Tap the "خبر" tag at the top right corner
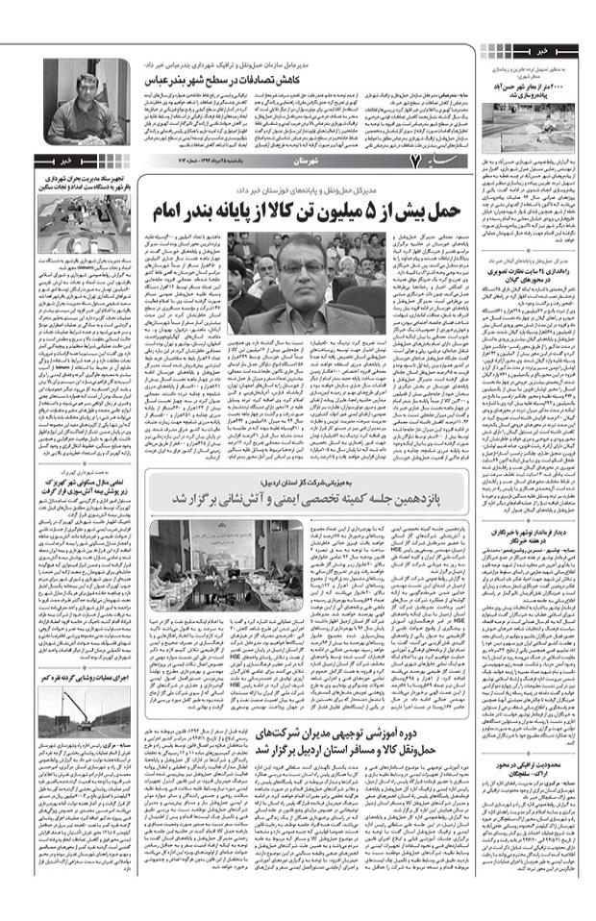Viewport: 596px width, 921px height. (546, 47)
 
